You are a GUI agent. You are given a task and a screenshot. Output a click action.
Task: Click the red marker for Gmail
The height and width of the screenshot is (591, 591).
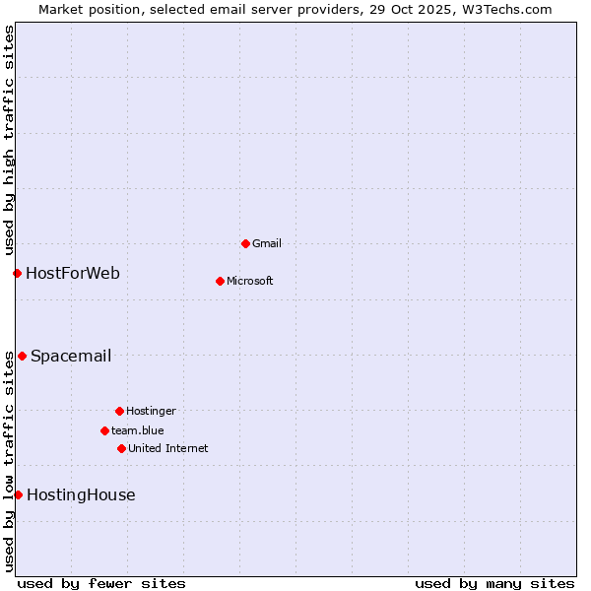pos(245,243)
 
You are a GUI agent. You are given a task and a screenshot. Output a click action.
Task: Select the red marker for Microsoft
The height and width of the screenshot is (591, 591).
pos(220,281)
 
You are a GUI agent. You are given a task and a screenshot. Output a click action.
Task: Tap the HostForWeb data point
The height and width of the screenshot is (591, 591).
pos(17,273)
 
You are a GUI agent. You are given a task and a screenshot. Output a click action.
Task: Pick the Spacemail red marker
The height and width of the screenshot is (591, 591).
pos(22,356)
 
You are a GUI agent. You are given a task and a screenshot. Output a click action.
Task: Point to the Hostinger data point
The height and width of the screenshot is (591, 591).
pos(119,411)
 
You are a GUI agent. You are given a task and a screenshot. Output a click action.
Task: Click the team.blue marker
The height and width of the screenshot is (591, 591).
pos(104,430)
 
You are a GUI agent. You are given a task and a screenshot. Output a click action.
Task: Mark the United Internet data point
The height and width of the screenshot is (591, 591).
pos(121,448)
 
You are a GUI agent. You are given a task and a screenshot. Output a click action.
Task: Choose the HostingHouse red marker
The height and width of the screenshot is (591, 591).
pos(18,494)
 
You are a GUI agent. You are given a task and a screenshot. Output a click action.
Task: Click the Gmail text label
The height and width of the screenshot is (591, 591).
pos(267,243)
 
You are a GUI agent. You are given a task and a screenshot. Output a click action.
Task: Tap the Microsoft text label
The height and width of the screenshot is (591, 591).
pos(250,281)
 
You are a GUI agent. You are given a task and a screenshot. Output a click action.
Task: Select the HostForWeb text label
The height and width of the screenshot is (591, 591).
pos(73,273)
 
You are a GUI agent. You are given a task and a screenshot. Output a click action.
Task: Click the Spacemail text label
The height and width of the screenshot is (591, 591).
pos(71,356)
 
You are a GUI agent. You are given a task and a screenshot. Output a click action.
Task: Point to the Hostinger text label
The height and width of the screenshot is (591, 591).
pos(151,411)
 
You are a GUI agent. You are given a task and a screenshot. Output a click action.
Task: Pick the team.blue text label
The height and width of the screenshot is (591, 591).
pos(138,430)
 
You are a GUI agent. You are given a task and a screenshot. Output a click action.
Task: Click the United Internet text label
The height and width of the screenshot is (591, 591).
pos(168,448)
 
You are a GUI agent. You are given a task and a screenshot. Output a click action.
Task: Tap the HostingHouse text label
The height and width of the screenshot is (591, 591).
pos(81,494)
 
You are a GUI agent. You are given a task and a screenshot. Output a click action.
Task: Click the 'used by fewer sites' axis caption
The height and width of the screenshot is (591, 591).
pos(101,583)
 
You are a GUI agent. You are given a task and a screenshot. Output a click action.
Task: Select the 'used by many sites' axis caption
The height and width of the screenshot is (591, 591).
pos(494,583)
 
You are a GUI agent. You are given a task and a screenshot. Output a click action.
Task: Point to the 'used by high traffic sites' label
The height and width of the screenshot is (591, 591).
pos(9,141)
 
